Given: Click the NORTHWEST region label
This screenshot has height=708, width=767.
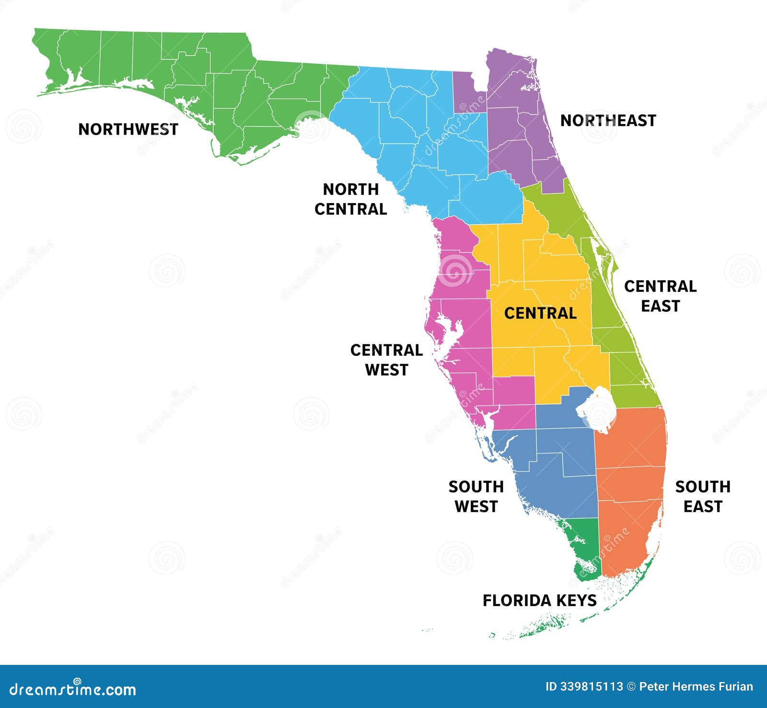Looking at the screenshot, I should [x=128, y=129].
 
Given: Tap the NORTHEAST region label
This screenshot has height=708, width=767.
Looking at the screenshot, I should [x=608, y=121].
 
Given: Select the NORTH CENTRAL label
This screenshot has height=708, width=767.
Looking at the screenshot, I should [x=350, y=199].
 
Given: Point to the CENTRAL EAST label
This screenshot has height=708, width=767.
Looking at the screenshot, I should [x=660, y=296].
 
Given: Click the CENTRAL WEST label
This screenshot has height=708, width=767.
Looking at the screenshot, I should [x=386, y=360].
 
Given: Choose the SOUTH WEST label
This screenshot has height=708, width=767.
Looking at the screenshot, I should [x=476, y=497].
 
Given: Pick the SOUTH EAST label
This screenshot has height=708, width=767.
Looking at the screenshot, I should [x=703, y=497].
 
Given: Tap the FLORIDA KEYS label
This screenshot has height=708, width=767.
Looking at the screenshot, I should [x=539, y=601].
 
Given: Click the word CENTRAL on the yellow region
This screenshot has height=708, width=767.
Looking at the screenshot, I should [x=540, y=313].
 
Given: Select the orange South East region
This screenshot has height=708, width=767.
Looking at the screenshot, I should [x=630, y=479].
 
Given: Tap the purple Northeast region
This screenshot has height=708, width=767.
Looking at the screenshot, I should [x=513, y=129].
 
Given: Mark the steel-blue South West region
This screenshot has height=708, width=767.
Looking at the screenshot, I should [x=556, y=474].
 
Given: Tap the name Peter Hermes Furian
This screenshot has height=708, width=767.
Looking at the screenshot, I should [x=696, y=687].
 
